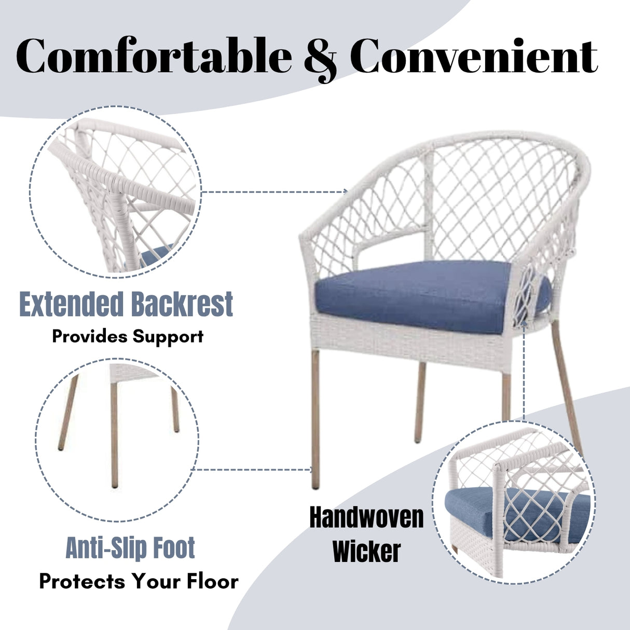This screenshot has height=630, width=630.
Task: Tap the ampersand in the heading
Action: pyautogui.click(x=320, y=58)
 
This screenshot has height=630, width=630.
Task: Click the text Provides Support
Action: pyautogui.click(x=128, y=336)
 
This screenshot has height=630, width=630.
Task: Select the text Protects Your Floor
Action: pyautogui.click(x=139, y=581)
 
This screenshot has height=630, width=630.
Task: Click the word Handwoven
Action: pyautogui.click(x=366, y=517)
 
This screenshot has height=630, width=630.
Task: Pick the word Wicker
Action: pyautogui.click(x=366, y=551)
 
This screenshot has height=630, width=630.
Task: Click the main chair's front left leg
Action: pyautogui.click(x=316, y=420)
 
